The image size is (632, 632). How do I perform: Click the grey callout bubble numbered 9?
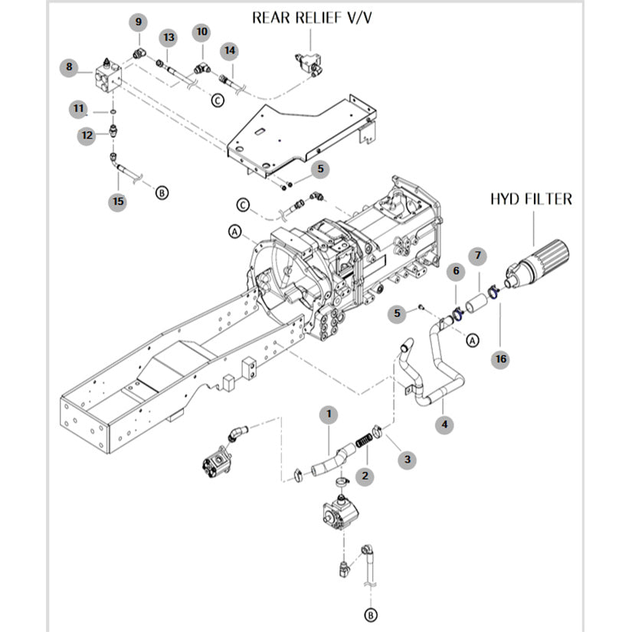pos(139,21)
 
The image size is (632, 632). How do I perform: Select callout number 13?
pos(169,38)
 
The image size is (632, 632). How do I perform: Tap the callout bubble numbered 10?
pos(201,31)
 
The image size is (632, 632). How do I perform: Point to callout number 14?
pos(229,50)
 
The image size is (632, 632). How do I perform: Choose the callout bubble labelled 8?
pos(69,67)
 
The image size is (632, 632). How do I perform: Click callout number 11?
pos(79,109)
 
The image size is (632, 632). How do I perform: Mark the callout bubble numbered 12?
pos(87,135)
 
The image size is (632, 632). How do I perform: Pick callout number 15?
pos(117,201)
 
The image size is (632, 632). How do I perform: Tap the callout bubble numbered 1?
pos(329,414)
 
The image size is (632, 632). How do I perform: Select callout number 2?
pos(365,476)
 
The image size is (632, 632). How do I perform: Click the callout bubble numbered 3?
pos(407,460)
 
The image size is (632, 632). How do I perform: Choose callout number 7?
pos(476,255)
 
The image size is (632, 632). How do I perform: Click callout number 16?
pos(500,359)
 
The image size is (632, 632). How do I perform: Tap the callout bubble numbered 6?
pos(455,270)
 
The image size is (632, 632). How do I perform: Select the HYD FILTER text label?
pos(531,199)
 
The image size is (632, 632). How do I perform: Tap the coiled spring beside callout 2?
pos(364,441)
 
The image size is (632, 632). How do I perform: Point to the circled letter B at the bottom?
pos(372,614)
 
